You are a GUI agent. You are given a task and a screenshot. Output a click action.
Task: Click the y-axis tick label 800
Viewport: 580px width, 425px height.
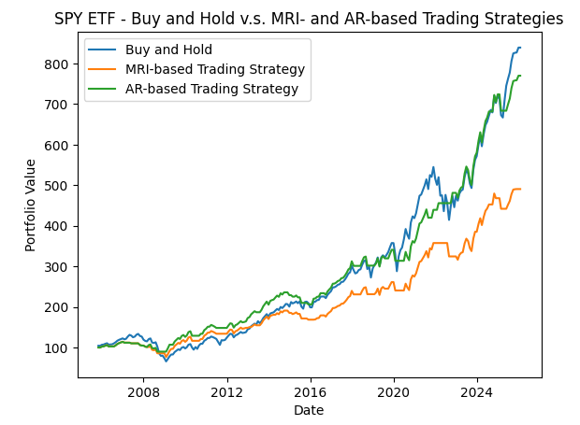click(56, 64)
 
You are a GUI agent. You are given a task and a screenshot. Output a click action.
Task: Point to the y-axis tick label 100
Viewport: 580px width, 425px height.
click(56, 348)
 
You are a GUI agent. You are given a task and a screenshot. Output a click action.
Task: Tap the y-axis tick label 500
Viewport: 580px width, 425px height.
click(56, 186)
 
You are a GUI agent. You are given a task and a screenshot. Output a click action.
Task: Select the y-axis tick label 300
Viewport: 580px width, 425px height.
click(56, 267)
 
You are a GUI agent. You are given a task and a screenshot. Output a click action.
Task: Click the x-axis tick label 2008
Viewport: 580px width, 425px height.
click(143, 392)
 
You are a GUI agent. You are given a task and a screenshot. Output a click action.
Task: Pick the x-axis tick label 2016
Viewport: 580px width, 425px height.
click(310, 392)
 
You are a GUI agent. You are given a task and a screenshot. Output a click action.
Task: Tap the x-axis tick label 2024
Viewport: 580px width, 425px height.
click(477, 392)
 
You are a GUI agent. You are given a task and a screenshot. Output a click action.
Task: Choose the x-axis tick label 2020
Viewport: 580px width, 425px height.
click(393, 392)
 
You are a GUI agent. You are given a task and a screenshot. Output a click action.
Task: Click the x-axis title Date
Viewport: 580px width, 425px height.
click(309, 410)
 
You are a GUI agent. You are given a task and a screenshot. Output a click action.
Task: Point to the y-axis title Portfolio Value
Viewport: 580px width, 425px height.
click(31, 205)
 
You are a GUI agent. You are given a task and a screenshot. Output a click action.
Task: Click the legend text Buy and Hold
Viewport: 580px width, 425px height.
click(168, 50)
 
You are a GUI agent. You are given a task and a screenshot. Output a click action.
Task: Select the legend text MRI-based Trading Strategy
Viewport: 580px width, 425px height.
click(215, 69)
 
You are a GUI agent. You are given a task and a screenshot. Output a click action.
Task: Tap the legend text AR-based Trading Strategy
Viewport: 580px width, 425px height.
click(211, 89)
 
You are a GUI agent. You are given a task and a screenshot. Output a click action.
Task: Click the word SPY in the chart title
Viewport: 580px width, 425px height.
click(69, 19)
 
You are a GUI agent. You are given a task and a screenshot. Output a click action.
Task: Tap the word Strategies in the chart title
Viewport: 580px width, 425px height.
click(529, 19)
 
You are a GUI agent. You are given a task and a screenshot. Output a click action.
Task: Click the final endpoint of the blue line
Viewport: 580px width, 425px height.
click(520, 48)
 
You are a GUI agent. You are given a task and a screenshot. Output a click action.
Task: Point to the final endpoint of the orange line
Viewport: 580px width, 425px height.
click(520, 190)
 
